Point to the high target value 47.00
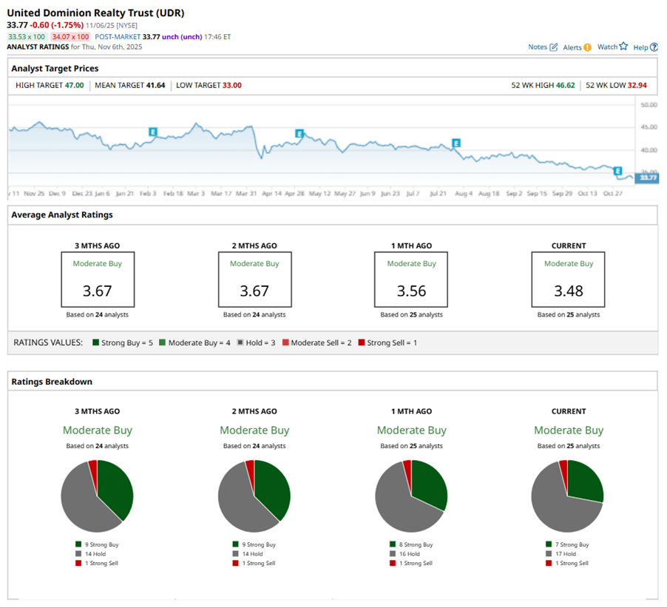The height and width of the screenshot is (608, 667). [74, 85]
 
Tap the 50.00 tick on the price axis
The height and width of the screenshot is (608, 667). [649, 105]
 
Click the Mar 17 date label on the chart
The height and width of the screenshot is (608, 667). [221, 193]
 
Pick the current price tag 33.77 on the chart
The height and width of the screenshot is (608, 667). [648, 178]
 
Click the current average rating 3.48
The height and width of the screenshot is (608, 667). [568, 291]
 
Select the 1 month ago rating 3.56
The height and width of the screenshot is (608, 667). [411, 291]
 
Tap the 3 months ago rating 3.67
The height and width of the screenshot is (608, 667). [98, 291]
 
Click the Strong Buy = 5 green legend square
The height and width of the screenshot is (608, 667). [96, 342]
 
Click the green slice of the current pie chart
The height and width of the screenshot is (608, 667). [583, 480]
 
